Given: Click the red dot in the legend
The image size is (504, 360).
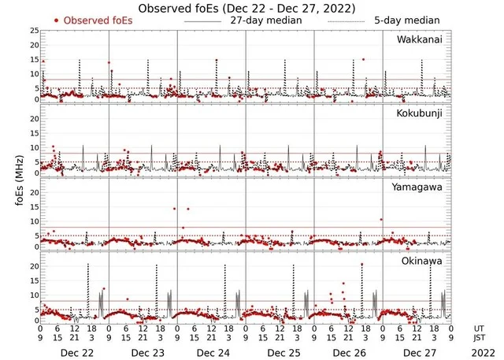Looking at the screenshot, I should click(x=57, y=20).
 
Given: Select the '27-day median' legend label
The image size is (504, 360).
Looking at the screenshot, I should click(x=265, y=20).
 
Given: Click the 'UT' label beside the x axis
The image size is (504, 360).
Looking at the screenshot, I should click(x=480, y=327).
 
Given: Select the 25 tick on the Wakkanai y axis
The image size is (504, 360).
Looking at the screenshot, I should click(x=34, y=31).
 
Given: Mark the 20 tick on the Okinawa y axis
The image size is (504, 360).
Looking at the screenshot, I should click(x=34, y=266).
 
